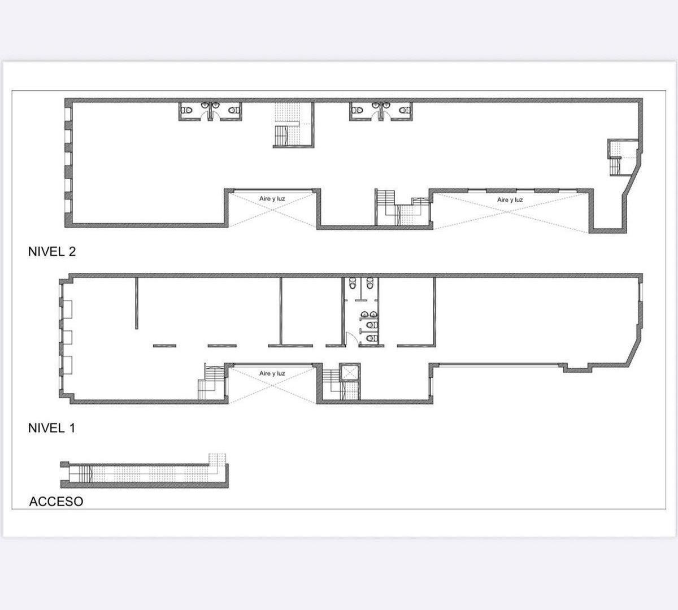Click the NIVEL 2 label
pyautogui.click(x=51, y=252)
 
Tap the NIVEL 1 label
pyautogui.click(x=51, y=428)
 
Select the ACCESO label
pyautogui.click(x=56, y=502)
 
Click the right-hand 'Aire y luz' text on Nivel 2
pyautogui.click(x=510, y=200)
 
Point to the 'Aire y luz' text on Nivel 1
pyautogui.click(x=272, y=373)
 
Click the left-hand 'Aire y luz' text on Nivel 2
pyautogui.click(x=272, y=199)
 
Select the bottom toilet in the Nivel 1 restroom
pyautogui.click(x=370, y=338)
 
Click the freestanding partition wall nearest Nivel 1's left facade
pyautogui.click(x=136, y=303)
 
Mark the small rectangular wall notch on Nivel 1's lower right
pyautogui.click(x=577, y=369)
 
